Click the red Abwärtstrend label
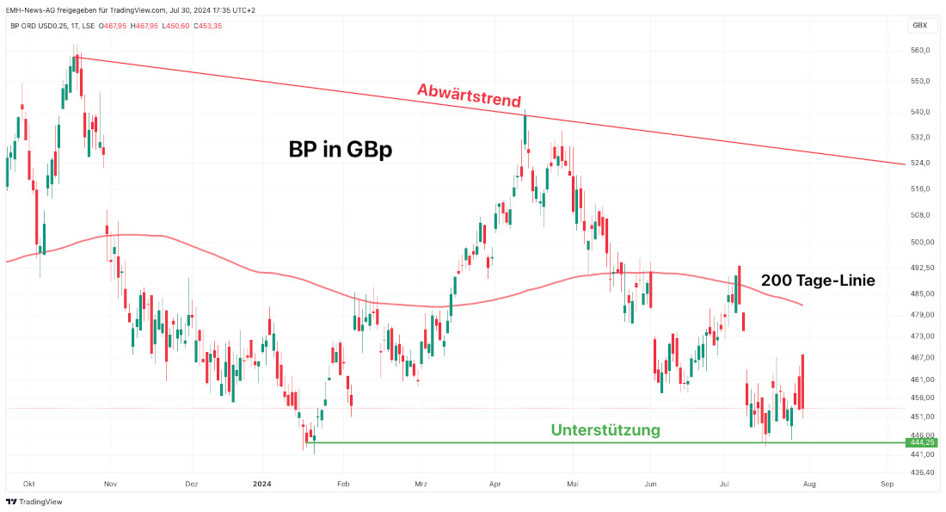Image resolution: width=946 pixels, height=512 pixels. click(x=469, y=91)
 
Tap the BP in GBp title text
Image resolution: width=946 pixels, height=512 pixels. click(x=340, y=149)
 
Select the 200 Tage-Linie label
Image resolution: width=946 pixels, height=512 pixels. click(x=818, y=280)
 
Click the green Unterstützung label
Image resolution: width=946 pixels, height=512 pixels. click(x=605, y=429)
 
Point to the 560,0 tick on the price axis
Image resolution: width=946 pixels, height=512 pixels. click(x=920, y=50)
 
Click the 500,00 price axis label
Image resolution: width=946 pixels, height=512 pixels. click(x=921, y=242)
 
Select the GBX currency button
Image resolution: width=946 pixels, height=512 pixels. click(x=919, y=26)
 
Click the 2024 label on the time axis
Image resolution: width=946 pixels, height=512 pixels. click(x=263, y=484)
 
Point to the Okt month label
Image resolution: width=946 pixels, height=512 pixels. click(x=29, y=484)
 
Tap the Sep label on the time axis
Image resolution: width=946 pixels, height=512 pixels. click(x=888, y=484)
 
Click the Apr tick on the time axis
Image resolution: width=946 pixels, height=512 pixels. click(x=494, y=484)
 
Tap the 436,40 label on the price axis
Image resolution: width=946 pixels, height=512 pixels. click(x=921, y=472)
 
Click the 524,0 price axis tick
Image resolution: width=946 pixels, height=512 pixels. click(x=920, y=163)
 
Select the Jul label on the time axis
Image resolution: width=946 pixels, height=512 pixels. click(x=726, y=484)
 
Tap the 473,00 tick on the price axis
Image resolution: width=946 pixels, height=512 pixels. click(x=921, y=336)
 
